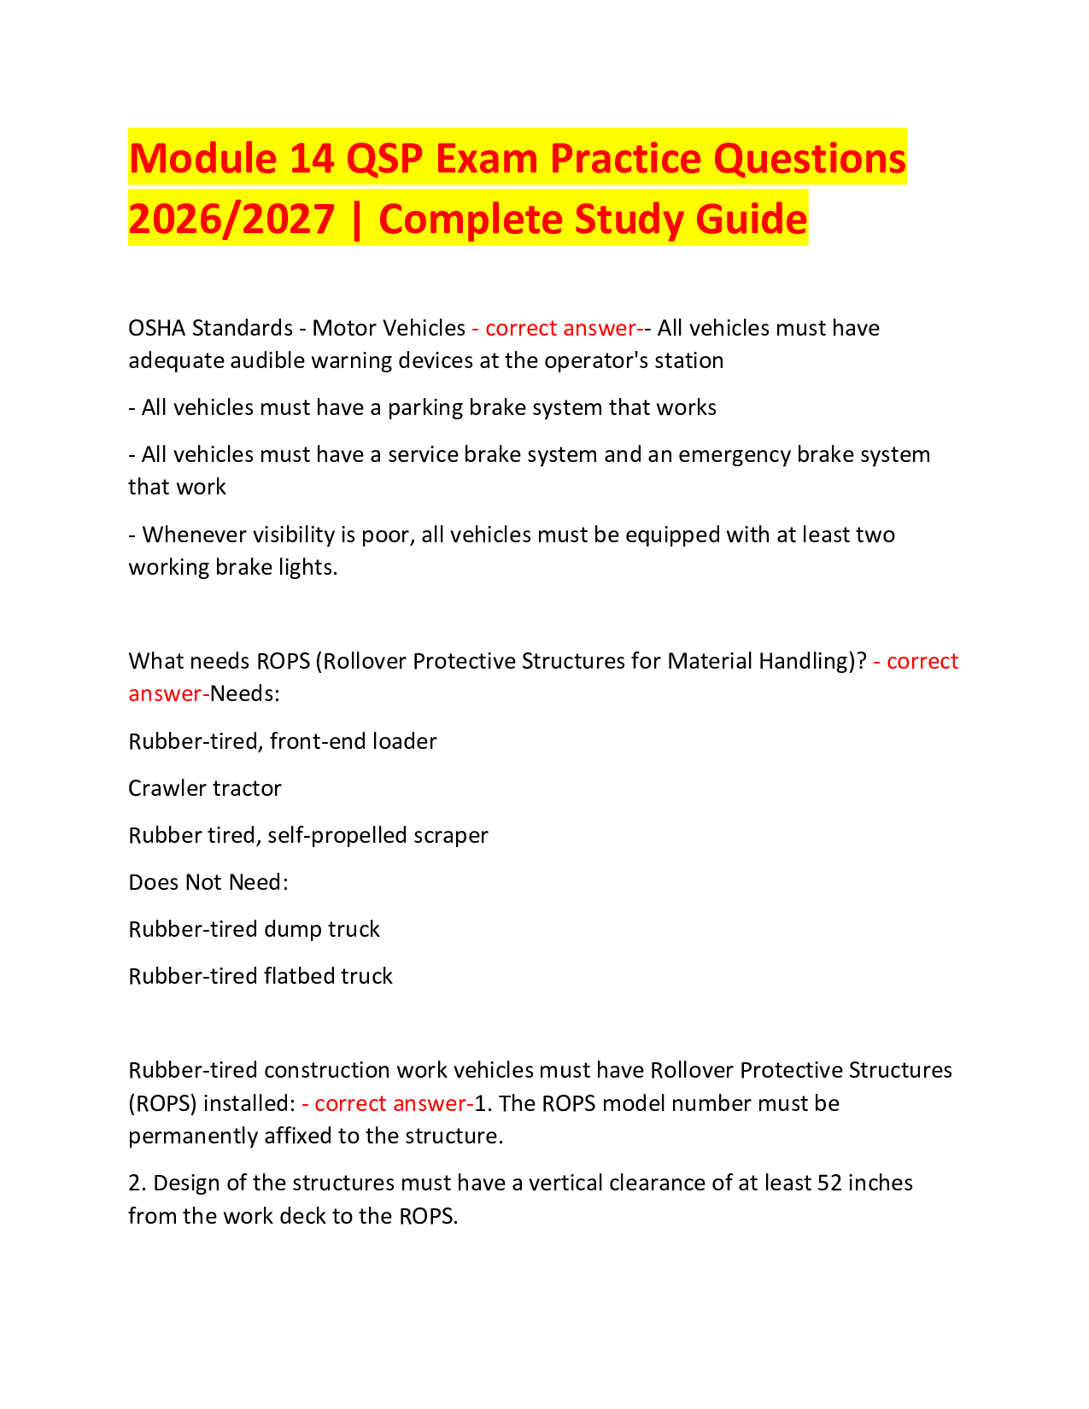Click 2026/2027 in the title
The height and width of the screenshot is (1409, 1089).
click(231, 219)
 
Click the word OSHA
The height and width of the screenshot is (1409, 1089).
click(156, 328)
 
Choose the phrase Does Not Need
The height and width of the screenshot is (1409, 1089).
click(208, 882)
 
